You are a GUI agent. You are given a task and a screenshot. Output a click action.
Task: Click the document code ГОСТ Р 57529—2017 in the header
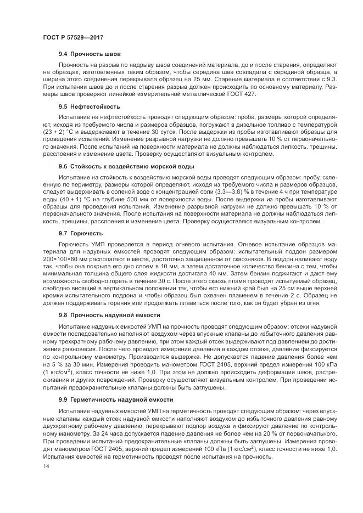point(73,37)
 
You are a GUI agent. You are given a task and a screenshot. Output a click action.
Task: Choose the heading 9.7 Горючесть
point(80,233)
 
